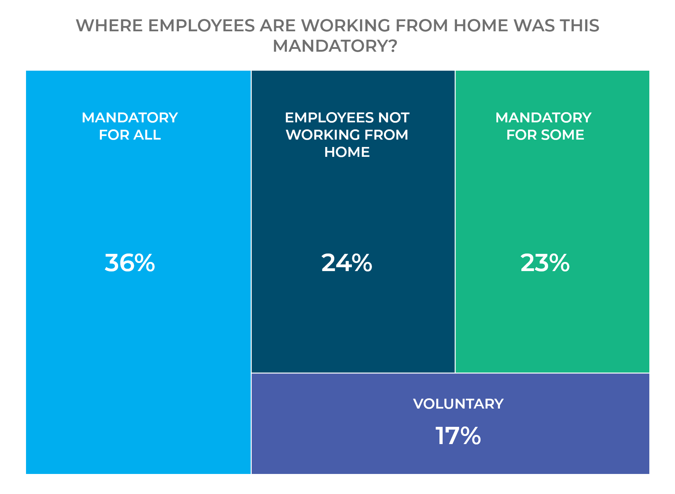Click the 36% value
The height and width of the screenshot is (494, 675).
[130, 263]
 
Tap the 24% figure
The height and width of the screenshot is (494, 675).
[347, 263]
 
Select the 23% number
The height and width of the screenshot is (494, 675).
[545, 263]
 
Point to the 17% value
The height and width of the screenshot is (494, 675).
[458, 436]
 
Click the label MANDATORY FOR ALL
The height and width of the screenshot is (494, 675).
[130, 126]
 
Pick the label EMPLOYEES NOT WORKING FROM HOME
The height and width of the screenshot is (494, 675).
[347, 135]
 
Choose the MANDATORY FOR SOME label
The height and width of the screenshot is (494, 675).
[544, 126]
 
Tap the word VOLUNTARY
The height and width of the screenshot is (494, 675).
[458, 404]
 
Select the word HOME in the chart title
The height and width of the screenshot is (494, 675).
[480, 26]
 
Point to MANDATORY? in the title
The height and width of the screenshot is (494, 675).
[335, 46]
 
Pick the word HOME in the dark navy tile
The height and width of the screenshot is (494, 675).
[347, 152]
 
